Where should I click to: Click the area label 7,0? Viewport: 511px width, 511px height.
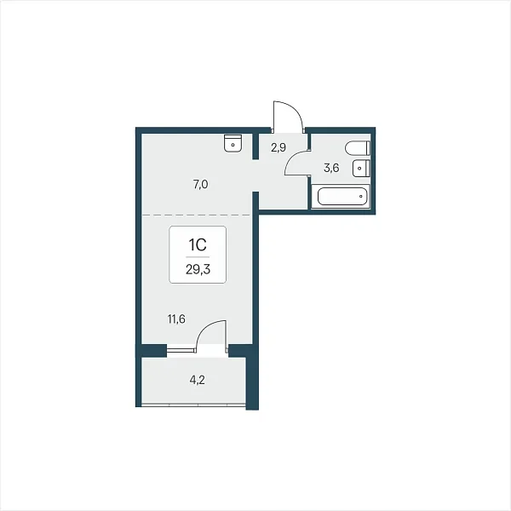tap(200, 185)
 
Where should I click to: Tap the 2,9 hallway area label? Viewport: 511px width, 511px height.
tap(278, 147)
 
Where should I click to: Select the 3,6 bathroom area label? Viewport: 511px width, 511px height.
tap(331, 168)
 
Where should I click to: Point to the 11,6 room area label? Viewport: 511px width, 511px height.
tap(176, 319)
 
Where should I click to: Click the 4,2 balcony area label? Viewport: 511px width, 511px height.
tap(198, 380)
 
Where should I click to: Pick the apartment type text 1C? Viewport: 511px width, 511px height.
tap(198, 244)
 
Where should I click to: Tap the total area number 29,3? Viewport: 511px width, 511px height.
tap(198, 269)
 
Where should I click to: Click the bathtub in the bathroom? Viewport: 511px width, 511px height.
tap(342, 196)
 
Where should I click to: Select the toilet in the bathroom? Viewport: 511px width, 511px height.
tap(358, 148)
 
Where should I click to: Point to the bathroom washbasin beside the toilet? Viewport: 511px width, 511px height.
tap(361, 168)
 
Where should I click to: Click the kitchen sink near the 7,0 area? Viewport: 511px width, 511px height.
tap(233, 143)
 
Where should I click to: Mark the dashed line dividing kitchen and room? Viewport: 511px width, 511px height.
tap(197, 215)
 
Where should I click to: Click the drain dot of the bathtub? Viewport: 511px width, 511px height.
tap(361, 196)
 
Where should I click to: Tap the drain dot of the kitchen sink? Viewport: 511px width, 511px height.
tap(233, 145)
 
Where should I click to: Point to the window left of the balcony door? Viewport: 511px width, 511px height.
tap(181, 350)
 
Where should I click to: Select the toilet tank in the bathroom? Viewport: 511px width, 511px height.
tap(369, 148)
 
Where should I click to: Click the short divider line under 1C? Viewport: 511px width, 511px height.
tap(198, 257)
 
